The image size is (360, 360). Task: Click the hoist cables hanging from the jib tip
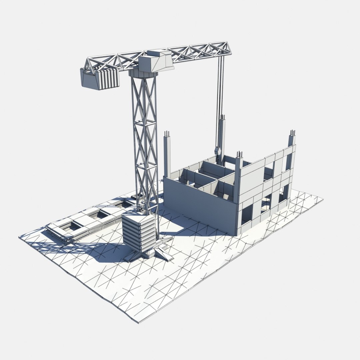[x=220, y=100]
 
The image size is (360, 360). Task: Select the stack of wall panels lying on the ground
[x=83, y=223]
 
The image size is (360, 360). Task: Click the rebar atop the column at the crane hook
[x=222, y=118]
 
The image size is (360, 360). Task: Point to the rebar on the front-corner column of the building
[x=239, y=155]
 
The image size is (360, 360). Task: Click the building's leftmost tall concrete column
[x=167, y=157]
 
